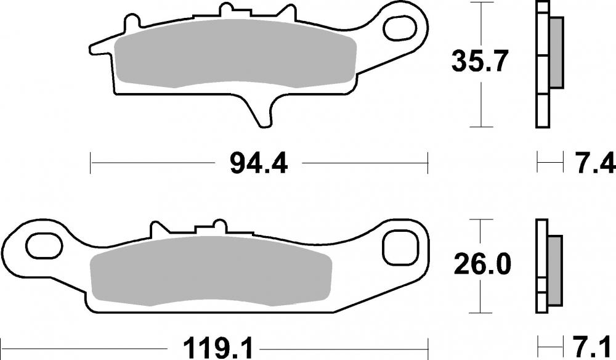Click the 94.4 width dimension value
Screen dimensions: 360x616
[x=258, y=164]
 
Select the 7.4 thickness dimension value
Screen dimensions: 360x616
[x=594, y=164]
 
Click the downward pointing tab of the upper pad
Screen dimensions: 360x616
[x=262, y=111]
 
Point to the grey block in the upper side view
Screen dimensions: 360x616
[x=556, y=52]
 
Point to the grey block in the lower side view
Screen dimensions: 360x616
[x=554, y=270]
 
